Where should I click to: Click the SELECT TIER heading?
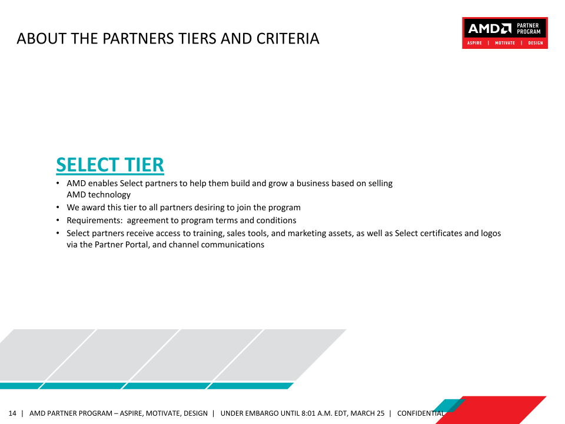coord(110,165)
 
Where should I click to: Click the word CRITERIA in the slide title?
coord(288,39)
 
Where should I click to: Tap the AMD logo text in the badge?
coord(490,28)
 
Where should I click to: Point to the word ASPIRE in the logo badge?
coord(474,43)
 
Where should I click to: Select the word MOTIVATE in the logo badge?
coord(505,43)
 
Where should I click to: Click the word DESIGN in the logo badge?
coord(536,43)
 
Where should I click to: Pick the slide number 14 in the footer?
coord(12,413)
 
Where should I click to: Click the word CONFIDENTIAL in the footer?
coord(421,413)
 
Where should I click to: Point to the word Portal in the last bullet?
coord(137,244)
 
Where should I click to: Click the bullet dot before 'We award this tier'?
coord(58,207)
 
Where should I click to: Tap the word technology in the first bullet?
coord(109,195)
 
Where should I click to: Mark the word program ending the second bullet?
coord(284,208)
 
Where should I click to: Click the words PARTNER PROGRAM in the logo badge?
coord(529,28)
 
